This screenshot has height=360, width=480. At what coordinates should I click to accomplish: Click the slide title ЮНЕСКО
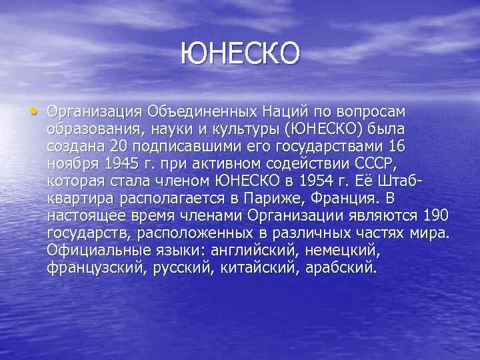pyautogui.click(x=241, y=53)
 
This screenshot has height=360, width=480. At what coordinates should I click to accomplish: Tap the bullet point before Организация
pyautogui.click(x=33, y=110)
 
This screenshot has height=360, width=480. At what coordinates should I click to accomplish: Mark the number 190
pyautogui.click(x=435, y=215)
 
